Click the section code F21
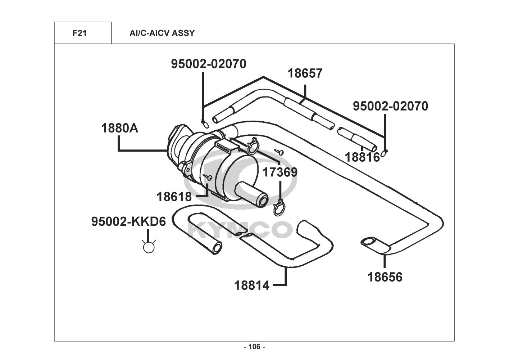coord(79,33)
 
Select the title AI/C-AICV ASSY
coord(162,33)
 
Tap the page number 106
coord(254,347)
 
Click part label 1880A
coord(119,128)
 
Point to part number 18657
coord(305,73)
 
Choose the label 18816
coord(362,157)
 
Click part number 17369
coord(280,172)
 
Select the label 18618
coord(174,197)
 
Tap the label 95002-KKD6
coord(129,221)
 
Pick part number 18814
coord(252,285)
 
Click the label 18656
coord(385,277)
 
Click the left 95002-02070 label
coord(209,64)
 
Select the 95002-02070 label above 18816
coord(390,106)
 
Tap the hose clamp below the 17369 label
coord(279,208)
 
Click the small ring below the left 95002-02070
coord(205,125)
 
